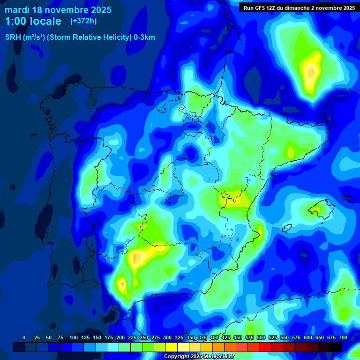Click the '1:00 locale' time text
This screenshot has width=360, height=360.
(x=33, y=21)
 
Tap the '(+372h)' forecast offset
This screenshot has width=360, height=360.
(x=83, y=21)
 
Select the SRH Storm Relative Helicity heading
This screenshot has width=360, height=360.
(x=80, y=37)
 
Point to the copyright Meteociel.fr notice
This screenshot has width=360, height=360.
(x=199, y=356)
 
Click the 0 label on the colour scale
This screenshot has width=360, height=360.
(x=24, y=337)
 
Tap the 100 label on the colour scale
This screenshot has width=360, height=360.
(x=73, y=337)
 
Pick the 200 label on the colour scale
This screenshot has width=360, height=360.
(x=120, y=337)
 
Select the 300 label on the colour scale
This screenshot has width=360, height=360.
(x=167, y=337)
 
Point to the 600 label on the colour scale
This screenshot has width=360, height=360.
(x=308, y=337)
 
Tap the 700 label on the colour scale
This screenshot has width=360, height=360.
(x=343, y=337)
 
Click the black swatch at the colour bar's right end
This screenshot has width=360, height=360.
(x=336, y=347)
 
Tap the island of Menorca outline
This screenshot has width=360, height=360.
(x=347, y=198)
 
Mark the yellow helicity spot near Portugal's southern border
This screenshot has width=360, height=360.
(x=122, y=284)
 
